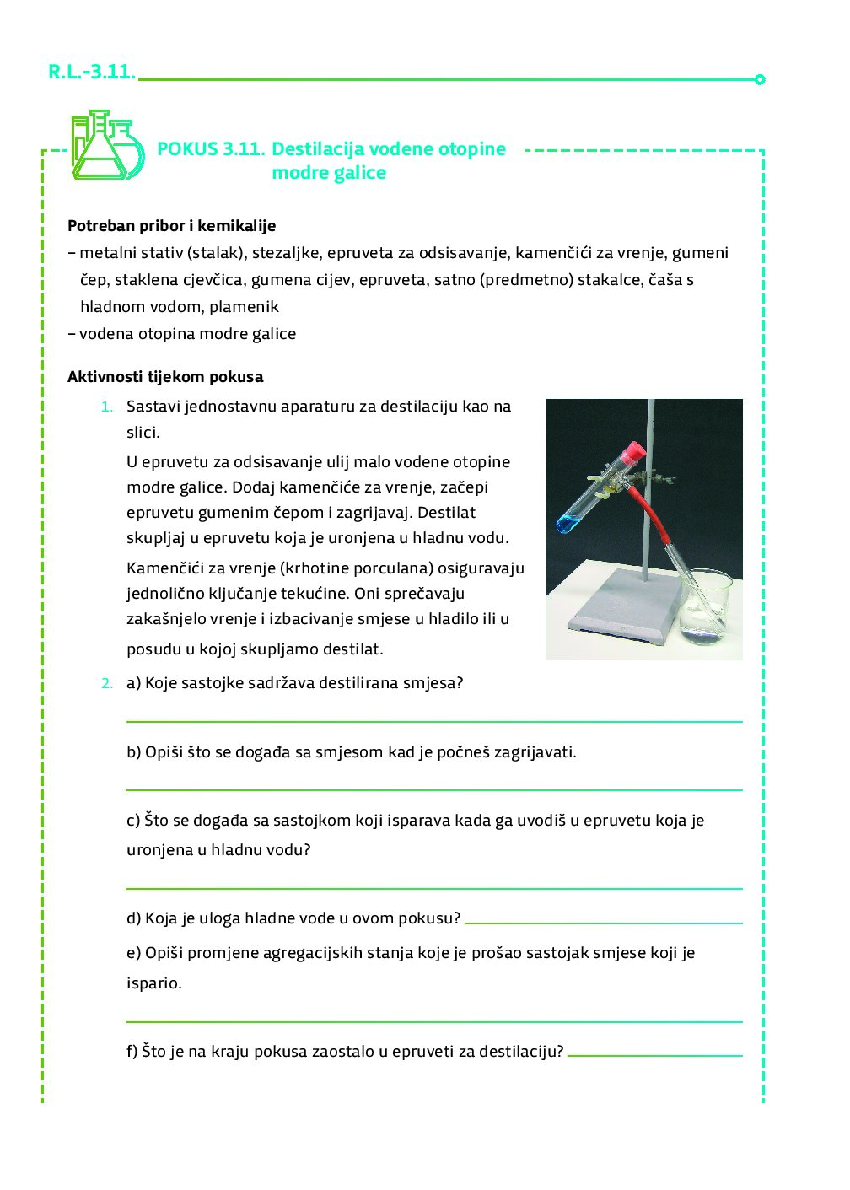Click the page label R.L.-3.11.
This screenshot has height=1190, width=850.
coord(92,73)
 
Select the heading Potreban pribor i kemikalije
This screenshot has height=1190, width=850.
coord(171,226)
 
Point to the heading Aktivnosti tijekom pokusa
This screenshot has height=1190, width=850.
coord(165,377)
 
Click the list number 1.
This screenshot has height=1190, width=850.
coord(106,407)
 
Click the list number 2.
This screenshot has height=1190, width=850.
coord(106,683)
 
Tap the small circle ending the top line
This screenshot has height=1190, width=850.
coord(760,80)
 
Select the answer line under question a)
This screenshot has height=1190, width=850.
coord(433,721)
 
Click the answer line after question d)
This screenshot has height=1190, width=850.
coord(603,923)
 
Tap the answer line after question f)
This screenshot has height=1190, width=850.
coord(654,1055)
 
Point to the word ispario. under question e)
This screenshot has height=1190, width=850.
coord(153,983)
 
